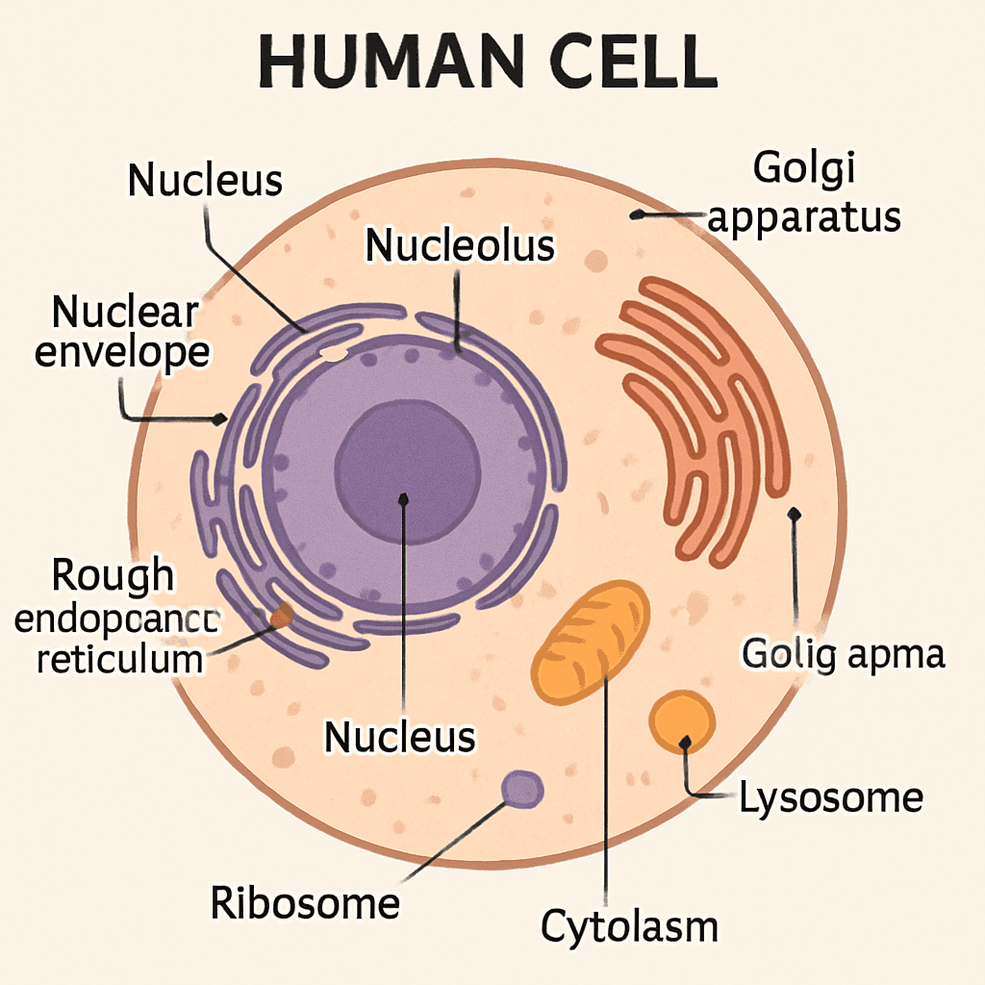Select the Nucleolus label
tap(460, 245)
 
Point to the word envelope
tap(121, 353)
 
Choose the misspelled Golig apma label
tap(843, 654)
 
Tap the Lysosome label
tap(830, 797)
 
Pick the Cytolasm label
tap(629, 926)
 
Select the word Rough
tap(114, 575)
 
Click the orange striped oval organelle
tap(592, 636)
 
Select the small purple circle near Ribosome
tap(522, 790)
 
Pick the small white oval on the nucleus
tap(333, 354)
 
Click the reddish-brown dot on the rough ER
tap(282, 617)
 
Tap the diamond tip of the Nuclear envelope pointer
tap(222, 419)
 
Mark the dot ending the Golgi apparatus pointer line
tap(636, 215)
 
